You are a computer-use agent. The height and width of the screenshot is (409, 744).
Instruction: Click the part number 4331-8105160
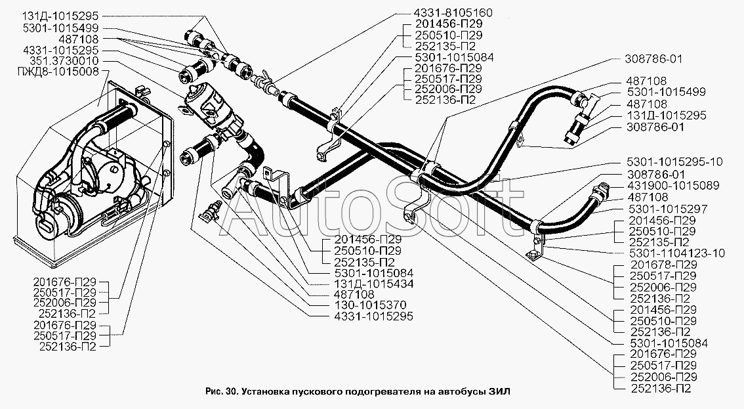(453, 12)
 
